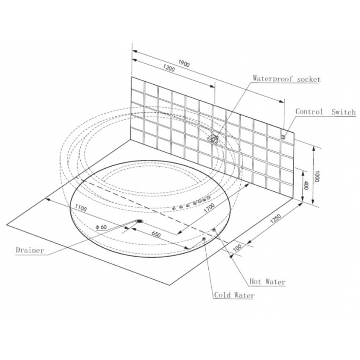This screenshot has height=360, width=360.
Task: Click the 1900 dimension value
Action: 184,64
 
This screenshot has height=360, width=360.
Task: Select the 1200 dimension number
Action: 169,68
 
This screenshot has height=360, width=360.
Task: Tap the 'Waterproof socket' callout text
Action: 286,79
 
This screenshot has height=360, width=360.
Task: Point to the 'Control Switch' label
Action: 326,112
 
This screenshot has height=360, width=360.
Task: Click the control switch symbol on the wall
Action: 283,136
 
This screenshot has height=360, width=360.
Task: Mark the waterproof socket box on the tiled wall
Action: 212,139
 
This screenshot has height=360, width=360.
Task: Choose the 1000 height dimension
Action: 317,176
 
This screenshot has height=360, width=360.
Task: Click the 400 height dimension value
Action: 305,185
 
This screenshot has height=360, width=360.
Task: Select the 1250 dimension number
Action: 276,219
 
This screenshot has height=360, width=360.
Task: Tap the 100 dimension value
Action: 238,248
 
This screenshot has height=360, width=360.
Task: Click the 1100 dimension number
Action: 81,208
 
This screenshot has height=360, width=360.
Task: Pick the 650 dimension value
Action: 156,235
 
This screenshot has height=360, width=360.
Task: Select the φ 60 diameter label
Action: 101,227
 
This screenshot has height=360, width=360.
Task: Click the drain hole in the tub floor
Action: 139,221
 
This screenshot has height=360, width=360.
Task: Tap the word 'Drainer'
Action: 30,250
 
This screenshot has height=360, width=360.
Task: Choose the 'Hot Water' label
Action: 267,281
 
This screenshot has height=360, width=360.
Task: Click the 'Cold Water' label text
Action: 234,295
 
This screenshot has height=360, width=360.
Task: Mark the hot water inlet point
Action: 214,229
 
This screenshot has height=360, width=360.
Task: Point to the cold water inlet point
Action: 204,239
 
